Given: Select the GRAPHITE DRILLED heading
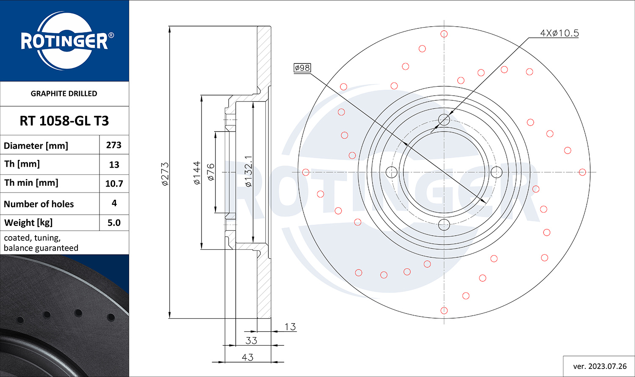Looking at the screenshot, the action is tap(64, 94).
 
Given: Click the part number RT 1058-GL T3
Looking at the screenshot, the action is tap(64, 121).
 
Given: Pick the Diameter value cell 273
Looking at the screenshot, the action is tap(114, 145).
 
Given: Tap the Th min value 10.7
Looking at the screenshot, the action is tap(114, 184).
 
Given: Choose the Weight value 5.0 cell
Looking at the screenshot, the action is tap(114, 223).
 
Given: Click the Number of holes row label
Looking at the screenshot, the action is tap(39, 204).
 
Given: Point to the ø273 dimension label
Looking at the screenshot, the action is tap(165, 174).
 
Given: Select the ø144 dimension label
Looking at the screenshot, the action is tap(197, 173).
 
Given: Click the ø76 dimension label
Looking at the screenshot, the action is tap(211, 172).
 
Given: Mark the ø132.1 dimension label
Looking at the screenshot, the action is tap(248, 171).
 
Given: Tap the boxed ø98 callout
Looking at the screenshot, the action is tap(302, 68).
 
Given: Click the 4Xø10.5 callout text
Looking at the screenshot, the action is tap(559, 33).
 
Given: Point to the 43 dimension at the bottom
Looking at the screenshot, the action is tap(248, 358).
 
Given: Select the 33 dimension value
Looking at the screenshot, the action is tap(251, 341).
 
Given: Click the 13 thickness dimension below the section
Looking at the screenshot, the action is tap(290, 327).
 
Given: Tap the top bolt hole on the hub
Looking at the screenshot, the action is tap(444, 119).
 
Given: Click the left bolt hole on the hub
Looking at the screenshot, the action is tap(392, 172).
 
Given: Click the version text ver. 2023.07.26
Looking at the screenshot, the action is tap(600, 366).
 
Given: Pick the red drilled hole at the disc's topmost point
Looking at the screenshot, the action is tap(444, 34).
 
